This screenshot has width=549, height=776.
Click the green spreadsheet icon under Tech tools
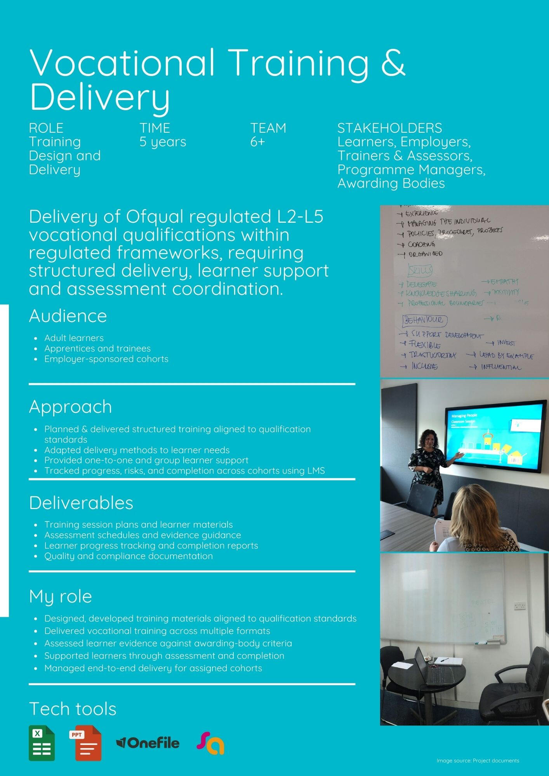[x=42, y=743]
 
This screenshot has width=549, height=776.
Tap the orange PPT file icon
[x=85, y=743]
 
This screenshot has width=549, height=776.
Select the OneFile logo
[x=148, y=743]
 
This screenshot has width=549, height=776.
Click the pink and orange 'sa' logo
[x=210, y=743]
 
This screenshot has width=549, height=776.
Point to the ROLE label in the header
[x=46, y=128]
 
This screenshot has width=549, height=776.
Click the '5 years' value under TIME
[x=163, y=142]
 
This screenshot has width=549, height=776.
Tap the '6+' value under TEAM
[x=257, y=142]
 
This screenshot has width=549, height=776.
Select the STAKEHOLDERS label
[x=389, y=128]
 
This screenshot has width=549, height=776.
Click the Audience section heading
[x=68, y=316]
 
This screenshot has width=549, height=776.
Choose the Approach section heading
[x=70, y=407]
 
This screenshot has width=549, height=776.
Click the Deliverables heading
[x=81, y=503]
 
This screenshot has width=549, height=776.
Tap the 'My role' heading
[x=60, y=596]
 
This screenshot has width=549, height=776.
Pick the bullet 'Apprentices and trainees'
[x=97, y=348]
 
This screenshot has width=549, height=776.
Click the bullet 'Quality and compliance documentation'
[x=128, y=556]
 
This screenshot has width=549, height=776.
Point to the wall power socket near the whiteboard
[x=520, y=606]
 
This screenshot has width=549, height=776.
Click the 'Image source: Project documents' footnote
[x=478, y=760]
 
